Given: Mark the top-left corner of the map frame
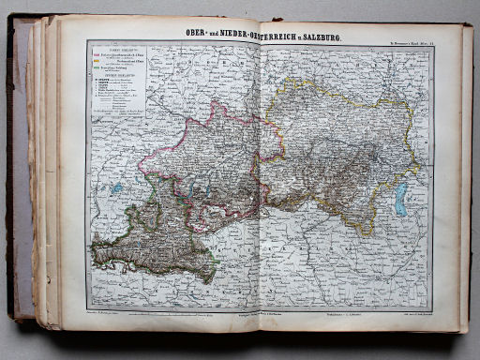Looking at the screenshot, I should pyautogui.click(x=87, y=41).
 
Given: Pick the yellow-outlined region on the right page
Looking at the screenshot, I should pyautogui.click(x=347, y=159).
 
